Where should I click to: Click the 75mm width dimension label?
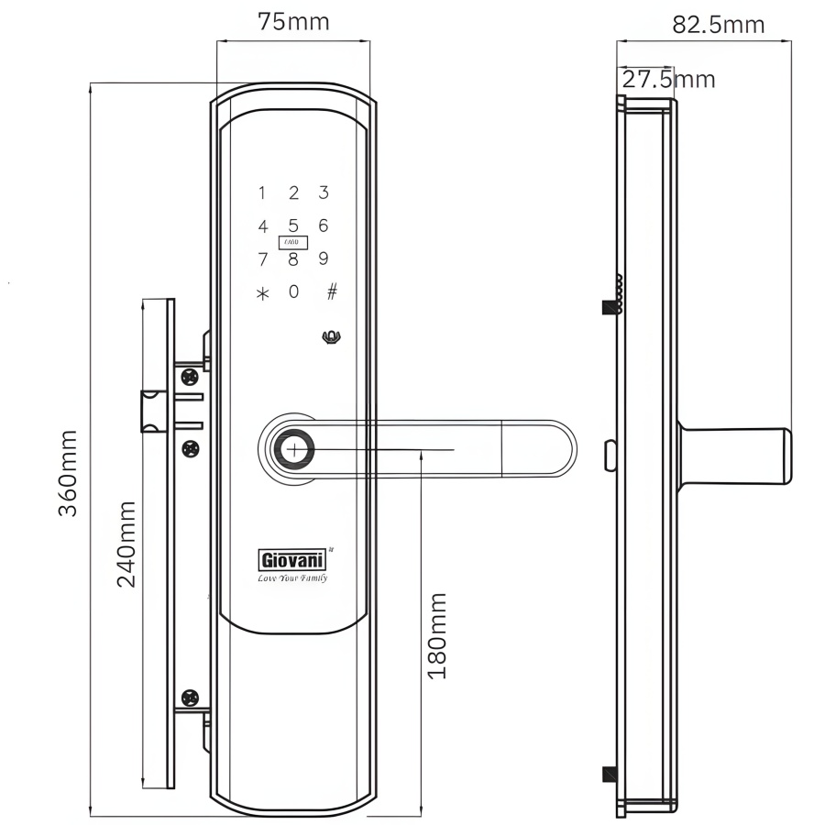[292, 21]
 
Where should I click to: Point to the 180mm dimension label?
[437, 635]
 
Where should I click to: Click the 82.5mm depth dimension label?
[718, 24]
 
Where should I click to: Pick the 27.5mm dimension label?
[668, 79]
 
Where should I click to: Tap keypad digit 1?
[262, 193]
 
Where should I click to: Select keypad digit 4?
[263, 226]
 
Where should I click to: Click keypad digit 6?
[323, 225]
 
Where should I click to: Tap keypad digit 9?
[323, 258]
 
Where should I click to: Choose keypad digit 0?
[293, 292]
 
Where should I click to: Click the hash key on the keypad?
[332, 291]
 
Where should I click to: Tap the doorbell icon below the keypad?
[331, 337]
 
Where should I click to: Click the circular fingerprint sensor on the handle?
[294, 450]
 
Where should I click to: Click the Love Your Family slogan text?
[291, 578]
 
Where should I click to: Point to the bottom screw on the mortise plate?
[191, 698]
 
